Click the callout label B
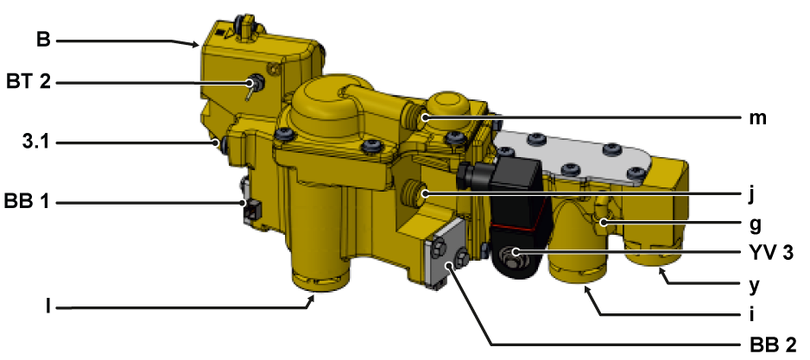43,40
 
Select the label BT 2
28,82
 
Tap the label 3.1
36,142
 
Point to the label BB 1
27,201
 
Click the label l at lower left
48,306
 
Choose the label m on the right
758,118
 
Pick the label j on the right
751,194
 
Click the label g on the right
755,224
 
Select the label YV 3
771,253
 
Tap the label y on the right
754,285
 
